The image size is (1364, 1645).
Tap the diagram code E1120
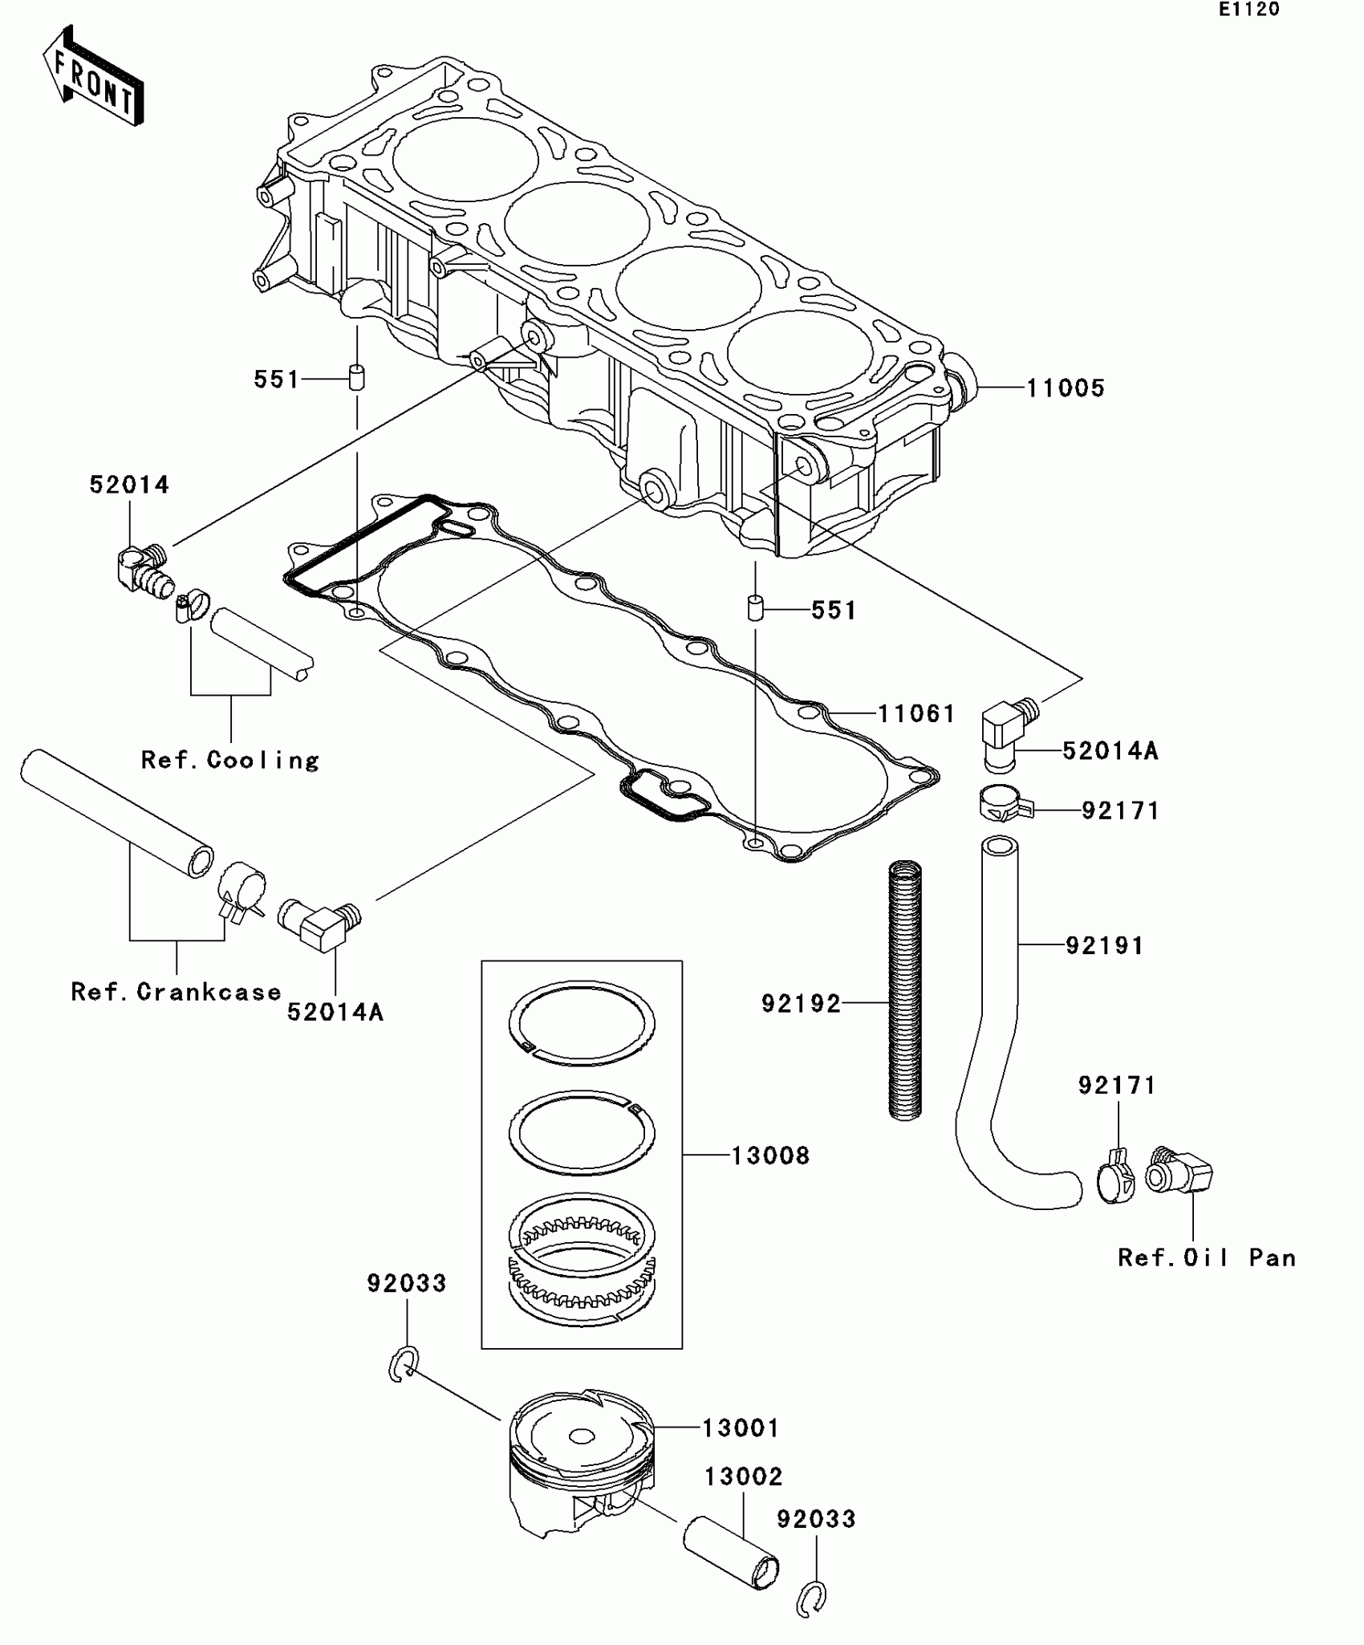pyautogui.click(x=1249, y=10)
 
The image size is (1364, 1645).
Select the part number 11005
pyautogui.click(x=1066, y=388)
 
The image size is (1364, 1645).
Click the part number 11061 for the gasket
pyautogui.click(x=916, y=713)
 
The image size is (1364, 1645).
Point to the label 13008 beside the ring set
pyautogui.click(x=770, y=1156)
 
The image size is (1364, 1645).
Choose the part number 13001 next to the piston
pyautogui.click(x=741, y=1428)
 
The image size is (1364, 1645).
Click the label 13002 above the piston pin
pyautogui.click(x=743, y=1476)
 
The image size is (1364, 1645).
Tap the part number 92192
pyautogui.click(x=801, y=1004)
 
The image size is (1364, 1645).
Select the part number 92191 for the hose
pyautogui.click(x=1104, y=946)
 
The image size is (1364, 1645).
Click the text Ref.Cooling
pyautogui.click(x=230, y=760)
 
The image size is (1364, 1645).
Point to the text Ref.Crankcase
pyautogui.click(x=177, y=992)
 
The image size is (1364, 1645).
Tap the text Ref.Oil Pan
pyautogui.click(x=1207, y=1257)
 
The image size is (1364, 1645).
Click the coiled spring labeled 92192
pyautogui.click(x=906, y=991)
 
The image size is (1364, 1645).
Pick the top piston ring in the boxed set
pyautogui.click(x=582, y=1023)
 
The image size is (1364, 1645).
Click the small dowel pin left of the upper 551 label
pyautogui.click(x=356, y=378)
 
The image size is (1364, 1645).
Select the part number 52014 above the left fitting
pyautogui.click(x=129, y=485)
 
